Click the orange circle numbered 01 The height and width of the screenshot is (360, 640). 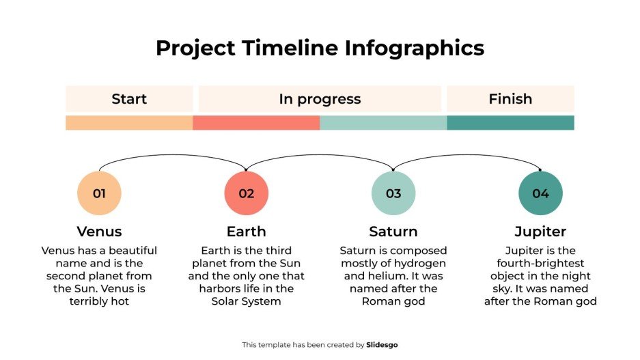pos(99,193)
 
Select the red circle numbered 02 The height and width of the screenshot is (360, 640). pos(247,193)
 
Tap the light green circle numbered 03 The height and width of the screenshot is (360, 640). pos(393,193)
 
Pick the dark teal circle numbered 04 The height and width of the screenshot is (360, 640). pos(540,193)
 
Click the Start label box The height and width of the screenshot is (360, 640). pos(129,99)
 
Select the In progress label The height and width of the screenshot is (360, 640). pos(320,99)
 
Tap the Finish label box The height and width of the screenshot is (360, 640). pos(510,99)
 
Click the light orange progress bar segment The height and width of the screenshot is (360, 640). pos(129,123)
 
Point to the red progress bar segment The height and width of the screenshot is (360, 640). pos(256,123)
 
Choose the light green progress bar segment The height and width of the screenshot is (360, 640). pos(383,123)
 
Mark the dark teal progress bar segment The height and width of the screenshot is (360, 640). pos(510,123)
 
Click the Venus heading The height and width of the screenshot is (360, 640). pos(99,232)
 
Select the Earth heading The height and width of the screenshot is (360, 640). pos(247,232)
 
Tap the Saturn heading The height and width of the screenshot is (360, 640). pos(393,232)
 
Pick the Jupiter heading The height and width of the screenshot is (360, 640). pos(540,232)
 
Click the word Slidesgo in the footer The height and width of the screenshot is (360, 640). pos(382,345)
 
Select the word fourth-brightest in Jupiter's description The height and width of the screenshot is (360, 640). pos(540,264)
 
